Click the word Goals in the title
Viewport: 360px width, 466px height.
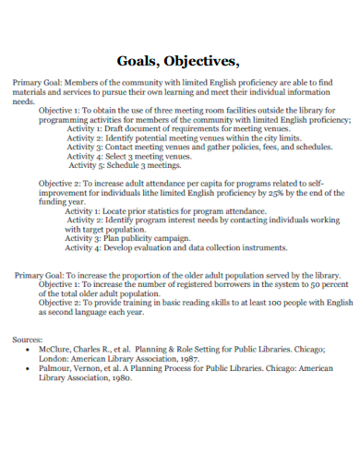(x=138, y=63)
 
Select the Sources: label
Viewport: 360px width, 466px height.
(x=28, y=341)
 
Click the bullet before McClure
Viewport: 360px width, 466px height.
(x=31, y=352)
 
